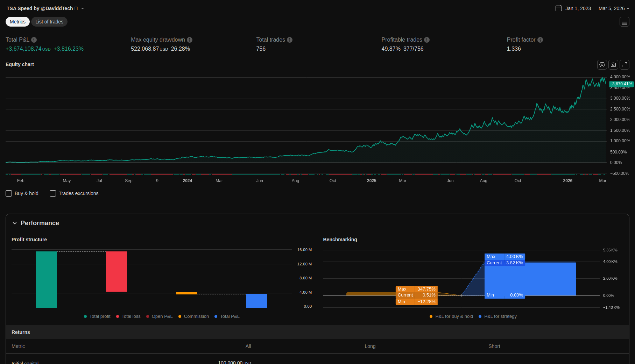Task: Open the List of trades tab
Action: click(49, 22)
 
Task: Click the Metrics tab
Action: click(17, 22)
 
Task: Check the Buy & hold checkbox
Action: click(9, 193)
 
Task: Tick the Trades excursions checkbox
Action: click(53, 193)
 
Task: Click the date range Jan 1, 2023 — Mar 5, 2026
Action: click(595, 8)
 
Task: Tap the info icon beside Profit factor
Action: click(540, 40)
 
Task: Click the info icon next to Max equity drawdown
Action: click(190, 40)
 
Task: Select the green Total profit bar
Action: click(47, 279)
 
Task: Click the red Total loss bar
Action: click(117, 271)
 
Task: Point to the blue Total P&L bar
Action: click(257, 301)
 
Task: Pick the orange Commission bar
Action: click(187, 293)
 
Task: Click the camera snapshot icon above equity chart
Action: click(613, 65)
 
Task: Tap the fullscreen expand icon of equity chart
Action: click(625, 65)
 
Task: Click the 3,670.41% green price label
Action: click(621, 84)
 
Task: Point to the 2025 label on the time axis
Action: click(372, 181)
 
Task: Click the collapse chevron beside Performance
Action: click(15, 223)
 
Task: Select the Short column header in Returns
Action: click(494, 346)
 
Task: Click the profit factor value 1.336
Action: click(514, 49)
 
